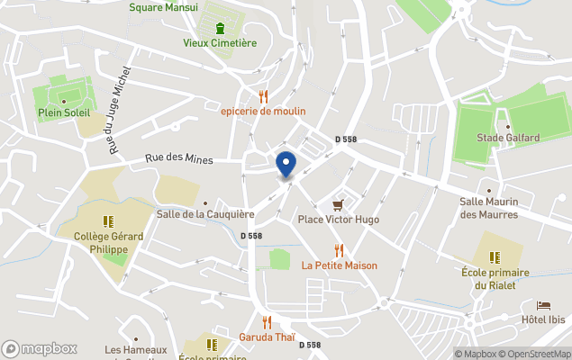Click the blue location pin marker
285,165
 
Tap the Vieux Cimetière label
220,42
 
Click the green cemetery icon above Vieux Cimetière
220,27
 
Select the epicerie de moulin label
263,111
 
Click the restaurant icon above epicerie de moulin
263,95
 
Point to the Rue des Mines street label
180,160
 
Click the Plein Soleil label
62,112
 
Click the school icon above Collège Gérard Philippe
108,221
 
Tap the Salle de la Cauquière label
205,214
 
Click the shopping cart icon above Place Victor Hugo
339,205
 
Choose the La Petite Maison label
340,265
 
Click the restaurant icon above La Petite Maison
339,250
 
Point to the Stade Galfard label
508,138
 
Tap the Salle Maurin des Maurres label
489,208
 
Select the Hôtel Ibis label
543,319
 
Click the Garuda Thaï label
267,337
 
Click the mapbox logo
40,348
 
